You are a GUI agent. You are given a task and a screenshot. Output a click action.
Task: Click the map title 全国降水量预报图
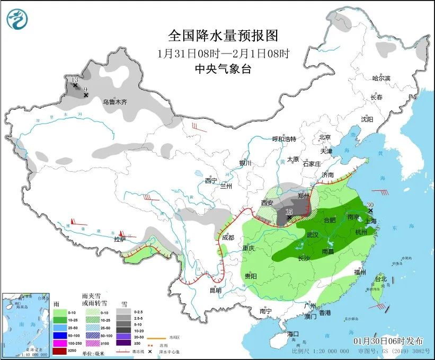pos(223,36)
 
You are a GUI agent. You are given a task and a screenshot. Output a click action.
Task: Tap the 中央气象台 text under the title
pos(223,68)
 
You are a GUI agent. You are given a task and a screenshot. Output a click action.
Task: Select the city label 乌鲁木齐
pos(115,102)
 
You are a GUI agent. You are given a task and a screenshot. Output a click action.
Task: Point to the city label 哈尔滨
pos(380,78)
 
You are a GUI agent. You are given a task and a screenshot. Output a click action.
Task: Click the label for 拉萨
pos(120,240)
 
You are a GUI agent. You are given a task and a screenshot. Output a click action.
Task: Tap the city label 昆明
pos(215,291)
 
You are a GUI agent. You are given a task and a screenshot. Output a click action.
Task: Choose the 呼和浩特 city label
pos(284,139)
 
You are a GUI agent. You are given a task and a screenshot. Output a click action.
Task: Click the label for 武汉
pos(313,235)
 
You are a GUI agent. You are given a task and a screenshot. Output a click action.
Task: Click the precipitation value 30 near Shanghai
pos(370,205)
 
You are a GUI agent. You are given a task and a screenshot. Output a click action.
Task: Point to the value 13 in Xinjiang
pos(75,79)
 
